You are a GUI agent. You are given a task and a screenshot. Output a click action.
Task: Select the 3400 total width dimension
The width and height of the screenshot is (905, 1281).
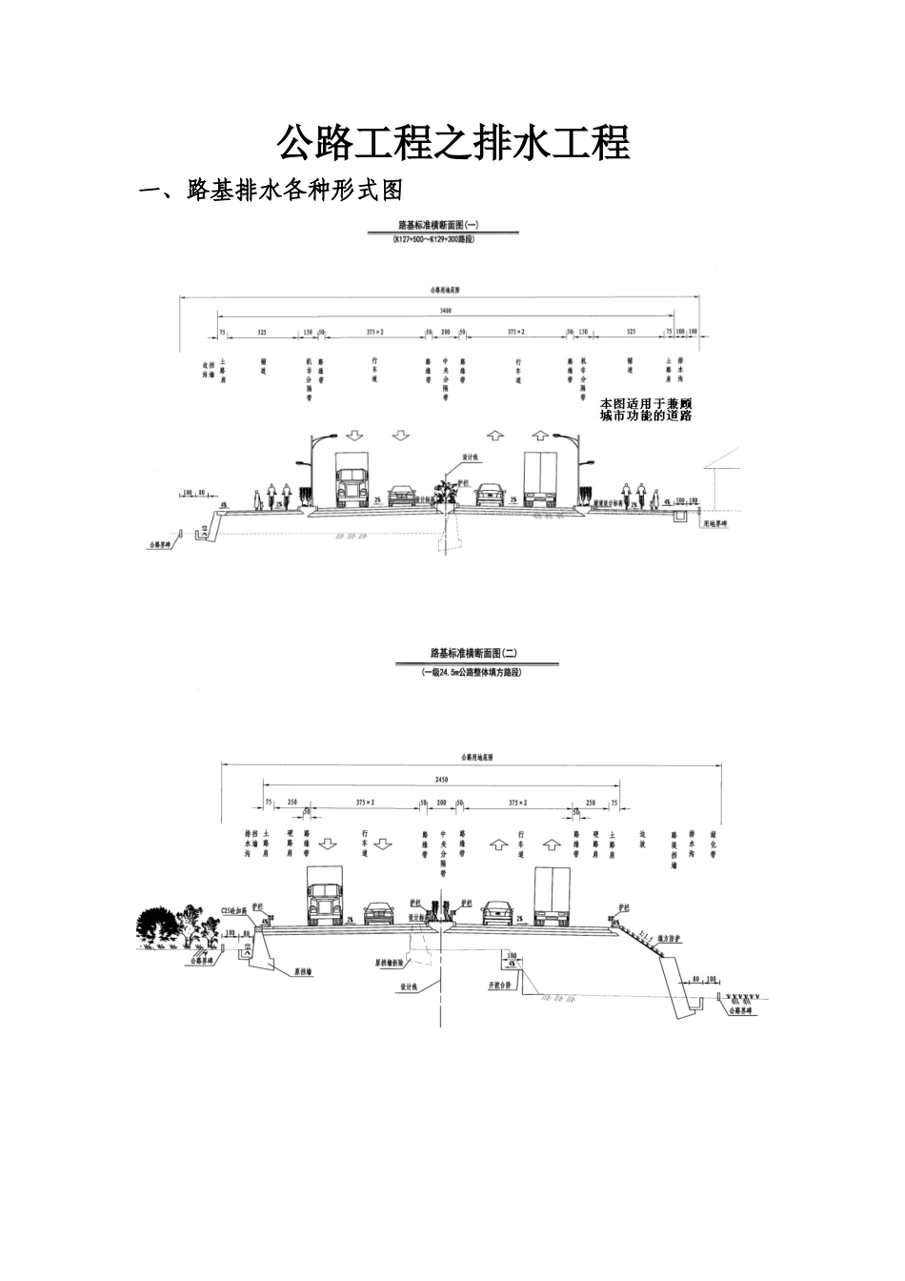tap(446, 312)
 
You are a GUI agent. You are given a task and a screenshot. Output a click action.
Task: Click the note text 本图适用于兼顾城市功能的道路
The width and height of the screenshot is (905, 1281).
tap(645, 410)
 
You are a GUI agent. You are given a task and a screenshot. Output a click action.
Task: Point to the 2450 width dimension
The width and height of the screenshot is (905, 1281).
tap(441, 780)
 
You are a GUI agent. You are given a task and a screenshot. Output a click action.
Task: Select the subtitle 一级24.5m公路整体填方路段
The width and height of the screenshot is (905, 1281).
tap(473, 672)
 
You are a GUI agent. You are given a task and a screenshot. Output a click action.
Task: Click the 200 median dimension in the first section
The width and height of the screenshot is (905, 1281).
tap(444, 332)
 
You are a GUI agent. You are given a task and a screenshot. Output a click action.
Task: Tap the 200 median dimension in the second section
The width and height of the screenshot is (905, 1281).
tap(441, 803)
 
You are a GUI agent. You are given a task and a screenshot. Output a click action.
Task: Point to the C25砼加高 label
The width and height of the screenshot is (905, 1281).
tap(234, 910)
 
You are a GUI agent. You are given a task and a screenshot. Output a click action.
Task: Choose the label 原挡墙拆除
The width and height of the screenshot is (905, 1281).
tap(394, 963)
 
